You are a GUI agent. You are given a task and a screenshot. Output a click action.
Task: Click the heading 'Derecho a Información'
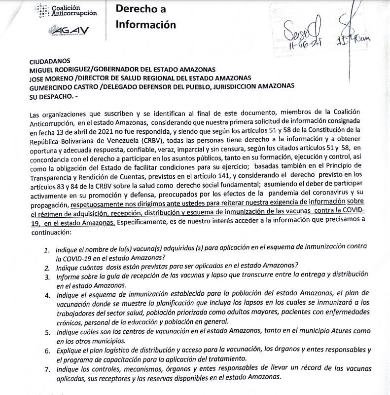(x=145, y=16)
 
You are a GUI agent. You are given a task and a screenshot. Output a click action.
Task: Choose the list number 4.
(x=46, y=295)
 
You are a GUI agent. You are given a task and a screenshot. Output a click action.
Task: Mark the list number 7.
(x=45, y=369)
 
